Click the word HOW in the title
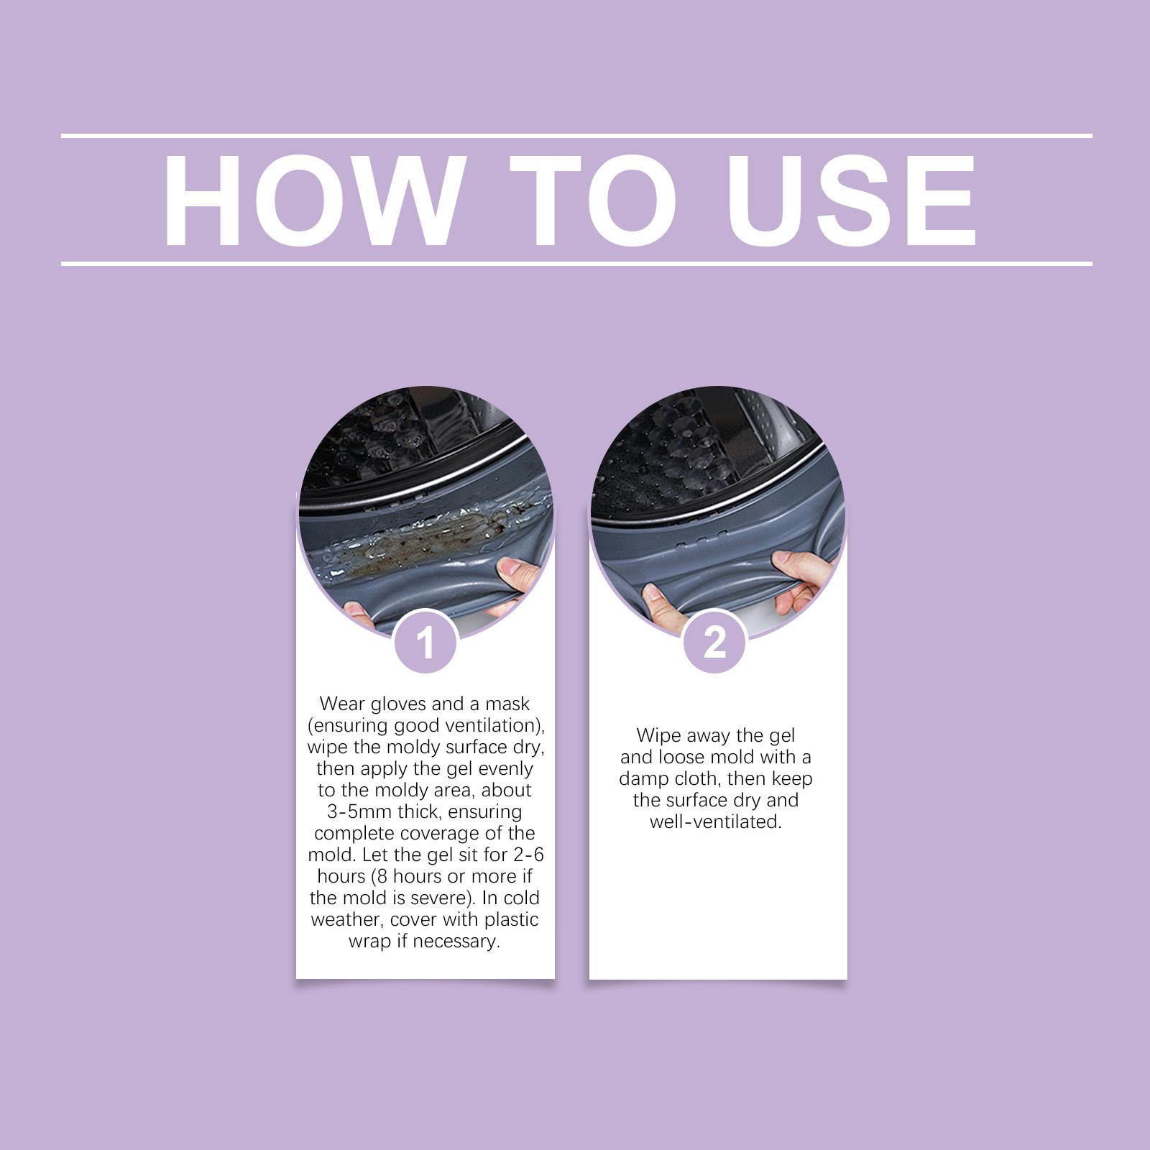click(312, 201)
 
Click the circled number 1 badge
click(425, 642)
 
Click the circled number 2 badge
click(714, 641)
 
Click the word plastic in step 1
click(510, 920)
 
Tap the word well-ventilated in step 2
click(715, 822)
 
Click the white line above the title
click(576, 135)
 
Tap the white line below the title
click(576, 264)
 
